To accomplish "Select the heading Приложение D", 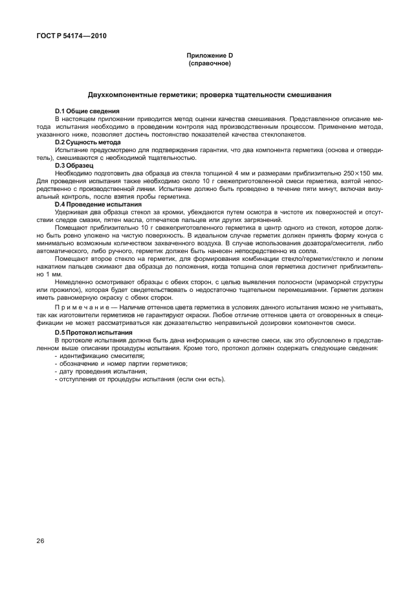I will (x=209, y=57).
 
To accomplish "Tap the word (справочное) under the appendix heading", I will (x=209, y=64).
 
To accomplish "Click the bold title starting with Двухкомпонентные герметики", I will (x=209, y=95).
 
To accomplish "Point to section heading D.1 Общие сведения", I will (x=83, y=112).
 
